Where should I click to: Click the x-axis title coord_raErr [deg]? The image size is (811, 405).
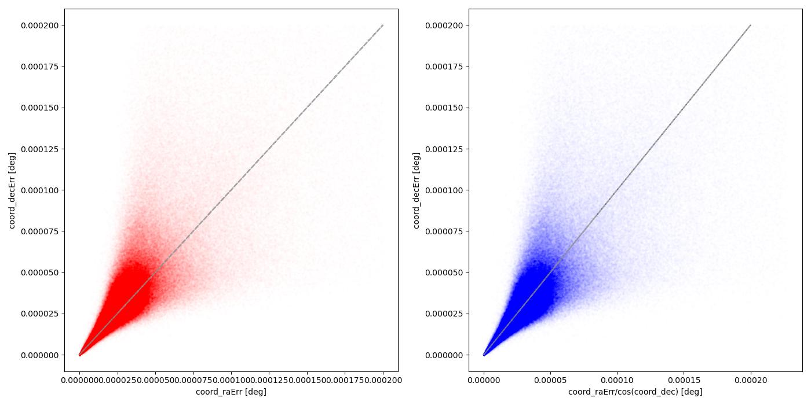[231, 392]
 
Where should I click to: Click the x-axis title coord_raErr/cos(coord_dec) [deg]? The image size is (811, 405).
[635, 392]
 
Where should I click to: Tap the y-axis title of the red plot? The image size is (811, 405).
[12, 190]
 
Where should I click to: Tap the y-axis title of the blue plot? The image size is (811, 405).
[416, 190]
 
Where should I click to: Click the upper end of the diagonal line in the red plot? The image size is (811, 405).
[383, 25]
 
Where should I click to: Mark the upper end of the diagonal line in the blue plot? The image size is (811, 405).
[751, 25]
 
